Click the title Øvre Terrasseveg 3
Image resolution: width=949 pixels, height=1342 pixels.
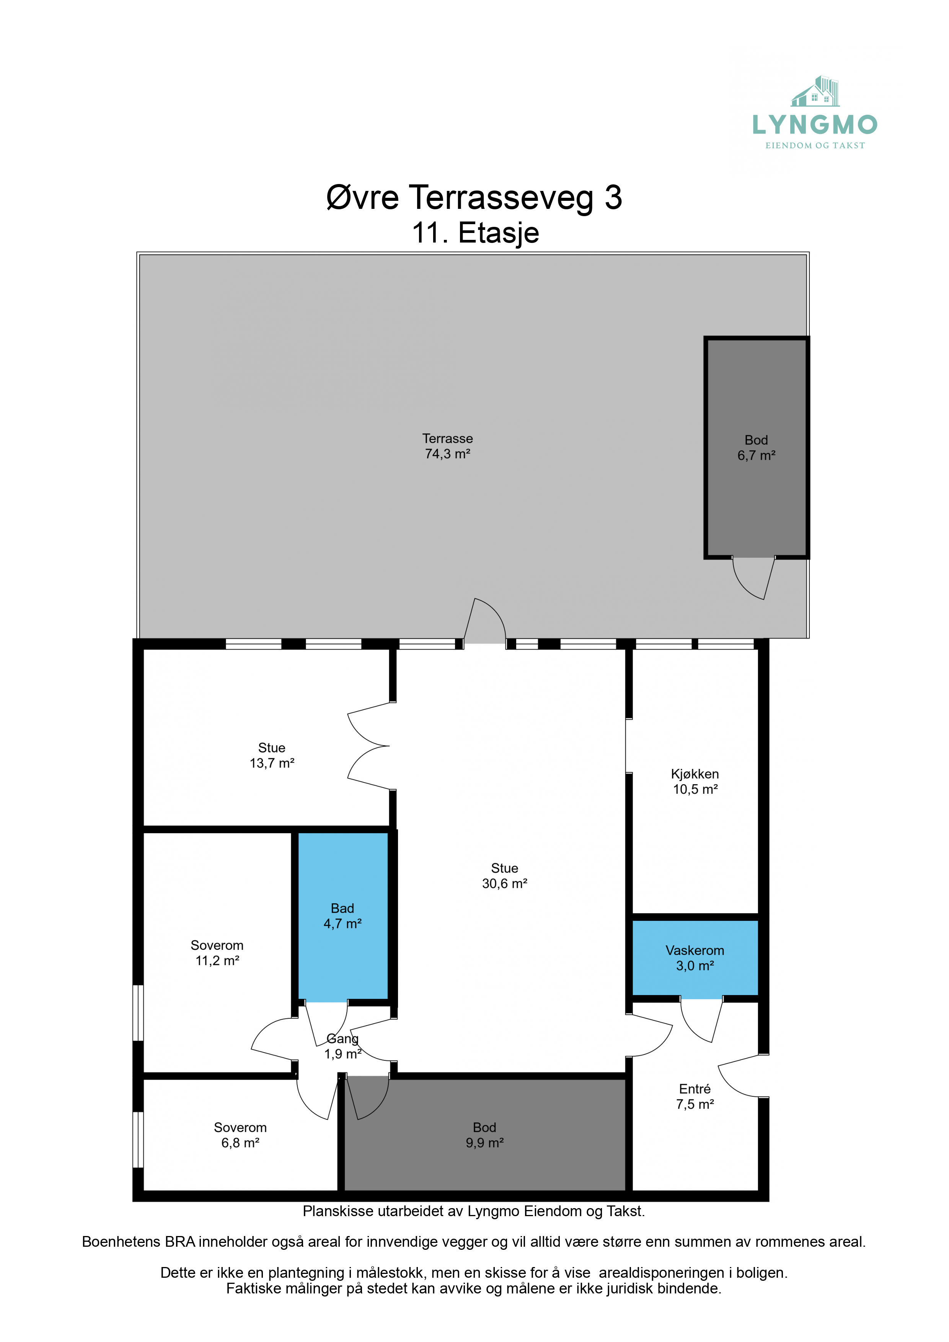pyautogui.click(x=474, y=197)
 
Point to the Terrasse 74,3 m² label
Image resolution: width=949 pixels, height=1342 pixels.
pyautogui.click(x=447, y=446)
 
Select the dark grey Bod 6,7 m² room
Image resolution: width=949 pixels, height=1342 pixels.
pyautogui.click(x=757, y=448)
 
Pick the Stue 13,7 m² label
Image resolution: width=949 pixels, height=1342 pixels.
pyautogui.click(x=272, y=755)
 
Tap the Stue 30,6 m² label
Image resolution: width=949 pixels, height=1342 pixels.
pyautogui.click(x=505, y=876)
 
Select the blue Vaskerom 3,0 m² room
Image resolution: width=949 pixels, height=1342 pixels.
pyautogui.click(x=695, y=958)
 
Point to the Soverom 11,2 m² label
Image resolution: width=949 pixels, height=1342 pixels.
pyautogui.click(x=217, y=953)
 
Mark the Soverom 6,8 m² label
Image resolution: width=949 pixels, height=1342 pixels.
pyautogui.click(x=240, y=1135)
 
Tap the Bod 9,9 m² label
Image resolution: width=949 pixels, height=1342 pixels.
pyautogui.click(x=485, y=1135)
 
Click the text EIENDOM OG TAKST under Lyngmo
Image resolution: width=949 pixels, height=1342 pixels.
pyautogui.click(x=815, y=145)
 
